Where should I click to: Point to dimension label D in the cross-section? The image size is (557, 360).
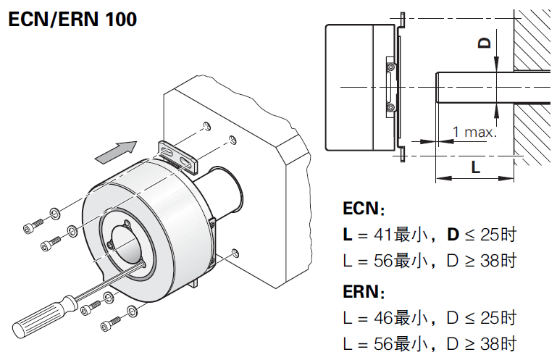click(x=485, y=42)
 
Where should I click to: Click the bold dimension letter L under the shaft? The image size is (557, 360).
click(x=475, y=167)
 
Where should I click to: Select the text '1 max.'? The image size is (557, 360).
click(x=474, y=132)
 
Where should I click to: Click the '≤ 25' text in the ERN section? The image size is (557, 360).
click(x=477, y=318)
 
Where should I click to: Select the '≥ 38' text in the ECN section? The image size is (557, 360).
click(x=477, y=261)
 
